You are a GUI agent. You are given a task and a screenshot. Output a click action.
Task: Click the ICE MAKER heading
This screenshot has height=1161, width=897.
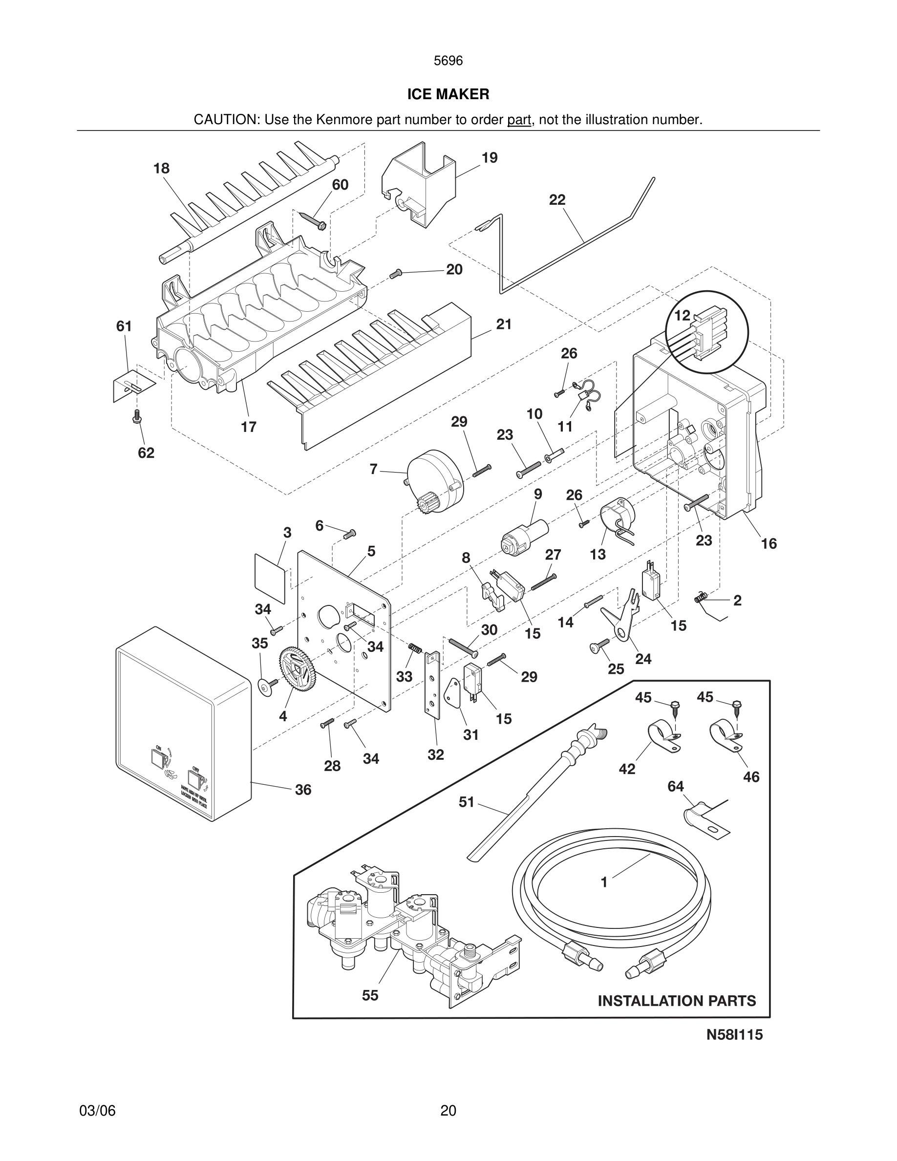[448, 95]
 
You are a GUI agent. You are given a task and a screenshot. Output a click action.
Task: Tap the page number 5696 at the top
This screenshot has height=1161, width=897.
[448, 61]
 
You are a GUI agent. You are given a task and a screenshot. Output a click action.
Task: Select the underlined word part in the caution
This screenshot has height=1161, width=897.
[519, 120]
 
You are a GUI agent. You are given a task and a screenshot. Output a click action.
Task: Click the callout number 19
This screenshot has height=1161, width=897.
[490, 158]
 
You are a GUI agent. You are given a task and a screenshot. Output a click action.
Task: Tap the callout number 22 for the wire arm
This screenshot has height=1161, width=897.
[557, 200]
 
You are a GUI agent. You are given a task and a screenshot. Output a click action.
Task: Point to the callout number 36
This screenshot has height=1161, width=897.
[303, 790]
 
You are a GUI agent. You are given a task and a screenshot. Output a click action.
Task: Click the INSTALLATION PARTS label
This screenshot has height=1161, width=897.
[677, 1001]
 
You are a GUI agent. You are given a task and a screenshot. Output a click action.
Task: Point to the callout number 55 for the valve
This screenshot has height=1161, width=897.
[370, 995]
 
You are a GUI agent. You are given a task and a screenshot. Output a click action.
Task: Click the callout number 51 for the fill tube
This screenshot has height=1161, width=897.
[466, 802]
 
